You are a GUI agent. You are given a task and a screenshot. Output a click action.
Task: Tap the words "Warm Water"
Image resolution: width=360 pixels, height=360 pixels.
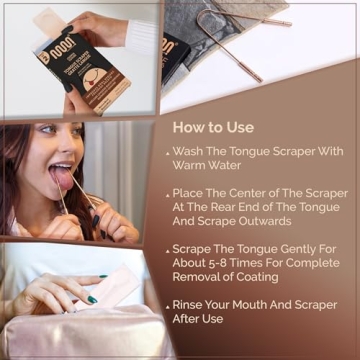(x=205, y=167)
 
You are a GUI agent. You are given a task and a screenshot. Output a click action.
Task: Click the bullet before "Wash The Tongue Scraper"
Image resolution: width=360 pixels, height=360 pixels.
(x=167, y=153)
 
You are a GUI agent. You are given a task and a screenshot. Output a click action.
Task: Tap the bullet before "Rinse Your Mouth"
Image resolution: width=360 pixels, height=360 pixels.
(x=167, y=308)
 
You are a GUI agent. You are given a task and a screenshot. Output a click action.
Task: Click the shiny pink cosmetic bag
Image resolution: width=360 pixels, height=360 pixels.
(x=80, y=335)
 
